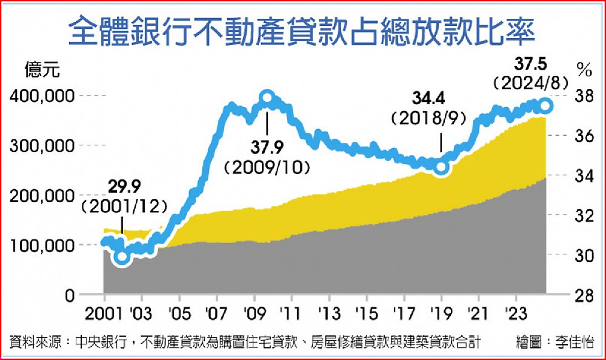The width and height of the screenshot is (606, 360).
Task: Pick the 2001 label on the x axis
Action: click(x=104, y=316)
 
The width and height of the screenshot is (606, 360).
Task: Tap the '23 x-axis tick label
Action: click(x=516, y=316)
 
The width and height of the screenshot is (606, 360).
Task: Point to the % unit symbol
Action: click(x=584, y=70)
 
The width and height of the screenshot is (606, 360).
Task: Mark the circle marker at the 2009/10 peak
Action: click(x=267, y=97)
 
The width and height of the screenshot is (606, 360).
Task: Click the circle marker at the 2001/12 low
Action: click(x=122, y=256)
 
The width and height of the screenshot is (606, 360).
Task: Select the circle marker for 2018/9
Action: click(x=441, y=167)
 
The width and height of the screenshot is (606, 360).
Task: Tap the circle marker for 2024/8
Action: click(x=545, y=105)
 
